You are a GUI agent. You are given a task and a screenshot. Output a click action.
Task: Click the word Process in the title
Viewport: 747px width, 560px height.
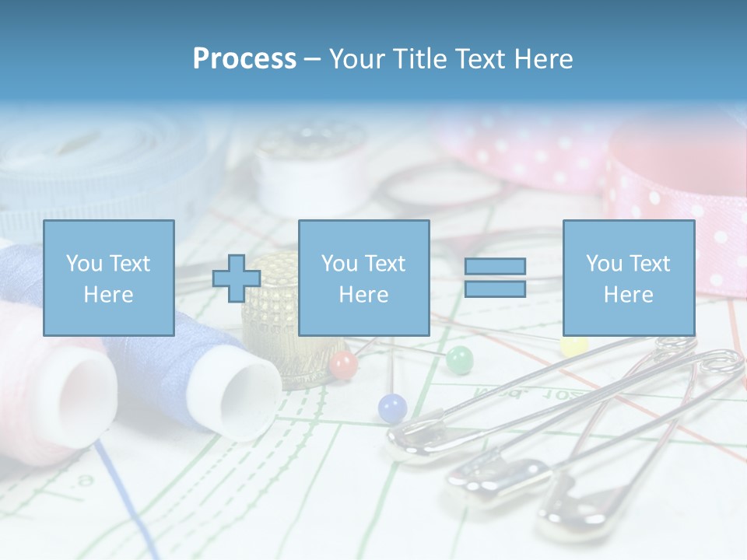pos(244,59)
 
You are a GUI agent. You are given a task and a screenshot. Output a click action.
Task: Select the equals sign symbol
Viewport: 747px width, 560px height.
pos(495,278)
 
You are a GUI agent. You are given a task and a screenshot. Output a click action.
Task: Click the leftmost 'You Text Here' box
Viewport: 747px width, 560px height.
pos(108,278)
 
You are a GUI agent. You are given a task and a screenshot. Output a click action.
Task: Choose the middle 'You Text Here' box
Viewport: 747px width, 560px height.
pos(363,278)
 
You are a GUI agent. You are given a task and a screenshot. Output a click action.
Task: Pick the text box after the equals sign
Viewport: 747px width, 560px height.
pos(628,278)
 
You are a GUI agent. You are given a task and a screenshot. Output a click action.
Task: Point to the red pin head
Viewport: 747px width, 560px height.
pos(343,363)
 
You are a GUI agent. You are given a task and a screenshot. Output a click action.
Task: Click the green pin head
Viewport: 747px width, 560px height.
pos(459,359)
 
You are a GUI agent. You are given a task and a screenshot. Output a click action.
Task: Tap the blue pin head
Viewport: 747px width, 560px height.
pos(392,408)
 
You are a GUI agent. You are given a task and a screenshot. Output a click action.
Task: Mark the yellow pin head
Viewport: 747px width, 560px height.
pos(574,345)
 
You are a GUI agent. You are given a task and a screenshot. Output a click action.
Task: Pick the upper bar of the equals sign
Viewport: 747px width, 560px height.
pos(495,267)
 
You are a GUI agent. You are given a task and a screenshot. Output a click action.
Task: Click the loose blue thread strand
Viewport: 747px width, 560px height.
pos(124,498)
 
